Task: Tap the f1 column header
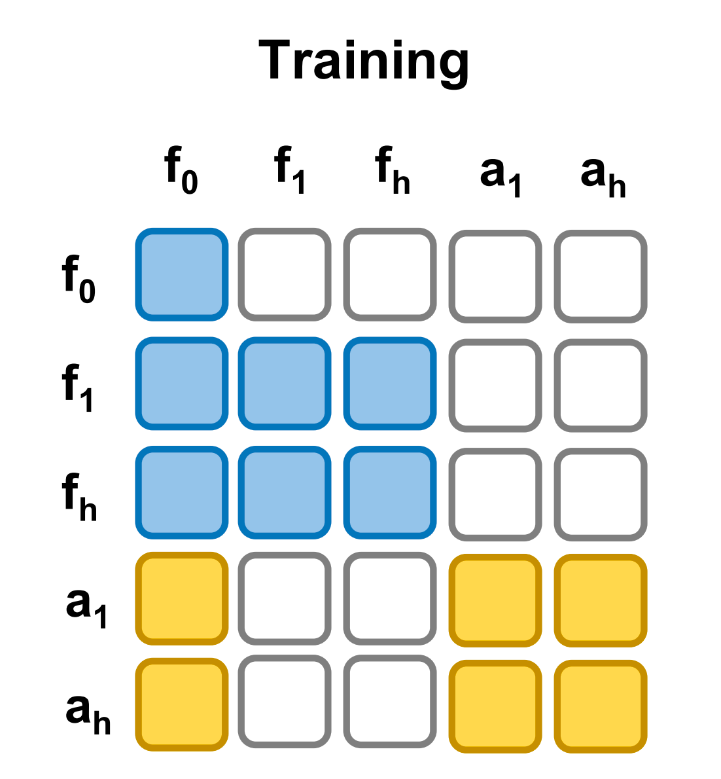(289, 170)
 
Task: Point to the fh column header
(392, 170)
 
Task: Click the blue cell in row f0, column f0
(182, 275)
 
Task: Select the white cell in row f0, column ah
(601, 276)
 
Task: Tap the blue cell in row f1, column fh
(390, 384)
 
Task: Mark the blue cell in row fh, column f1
(285, 492)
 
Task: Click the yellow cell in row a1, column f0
(182, 598)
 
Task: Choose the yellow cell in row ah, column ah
(601, 706)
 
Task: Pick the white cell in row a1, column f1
(285, 598)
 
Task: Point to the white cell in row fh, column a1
(495, 495)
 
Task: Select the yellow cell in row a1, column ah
(601, 601)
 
